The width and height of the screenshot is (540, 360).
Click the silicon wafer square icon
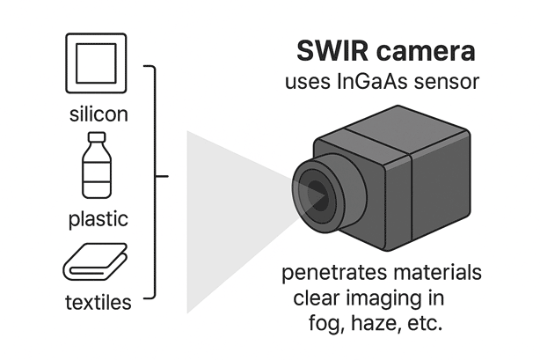tap(98, 65)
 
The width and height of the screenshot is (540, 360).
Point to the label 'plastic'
tap(98, 217)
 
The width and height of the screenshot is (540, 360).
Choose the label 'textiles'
tap(98, 304)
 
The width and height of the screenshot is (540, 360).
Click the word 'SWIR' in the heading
tap(327, 51)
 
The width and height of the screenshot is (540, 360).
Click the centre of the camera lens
tap(312, 190)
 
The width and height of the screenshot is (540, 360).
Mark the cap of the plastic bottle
tap(98, 138)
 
